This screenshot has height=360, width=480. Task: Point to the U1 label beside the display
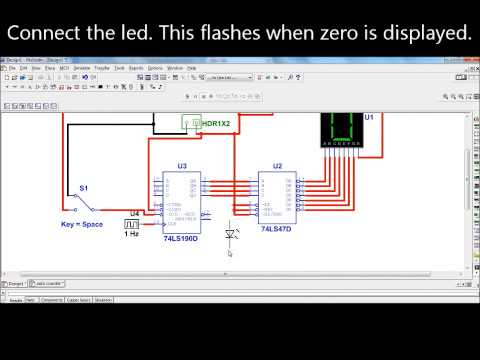pos(369,117)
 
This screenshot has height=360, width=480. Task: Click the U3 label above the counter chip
pos(182,165)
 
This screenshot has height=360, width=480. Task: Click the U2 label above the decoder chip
pos(277,165)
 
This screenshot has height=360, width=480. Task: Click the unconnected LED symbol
pos(232,234)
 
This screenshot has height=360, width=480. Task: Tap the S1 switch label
pos(83,188)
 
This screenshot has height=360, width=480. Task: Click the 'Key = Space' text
pos(82,225)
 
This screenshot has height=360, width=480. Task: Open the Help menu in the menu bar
pos(191,67)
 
